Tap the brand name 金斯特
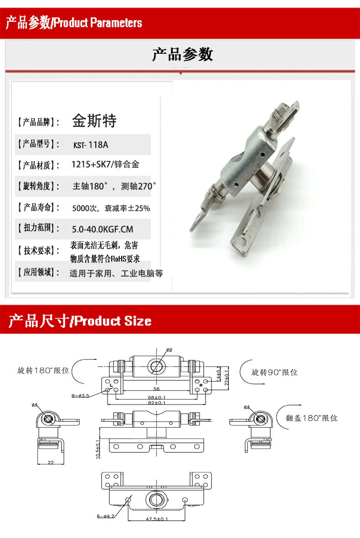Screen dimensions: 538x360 pyautogui.click(x=94, y=121)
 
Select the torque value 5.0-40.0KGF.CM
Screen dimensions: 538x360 pyautogui.click(x=103, y=229)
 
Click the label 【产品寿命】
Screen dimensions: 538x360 pyautogui.click(x=38, y=208)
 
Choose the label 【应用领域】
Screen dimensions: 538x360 pyautogui.click(x=38, y=273)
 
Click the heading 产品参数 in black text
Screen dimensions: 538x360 pyautogui.click(x=182, y=55)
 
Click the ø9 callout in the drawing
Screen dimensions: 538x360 pyautogui.click(x=169, y=350)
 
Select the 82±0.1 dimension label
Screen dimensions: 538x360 pyautogui.click(x=157, y=403)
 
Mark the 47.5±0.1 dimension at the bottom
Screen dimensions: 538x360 pyautogui.click(x=157, y=518)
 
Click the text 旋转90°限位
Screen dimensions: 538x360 pyautogui.click(x=274, y=372)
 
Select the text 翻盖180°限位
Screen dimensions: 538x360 pyautogui.click(x=312, y=418)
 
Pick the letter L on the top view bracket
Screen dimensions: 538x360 pyautogui.click(x=111, y=385)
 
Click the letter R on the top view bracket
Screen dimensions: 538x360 pyautogui.click(x=201, y=385)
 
